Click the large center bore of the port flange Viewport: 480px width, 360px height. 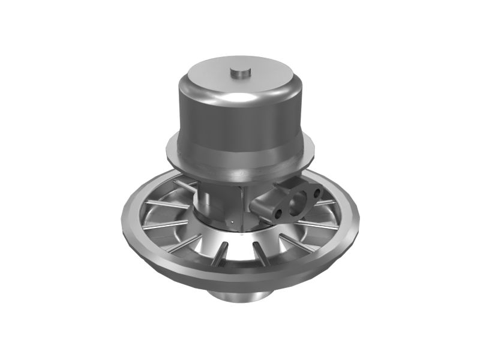[298, 202]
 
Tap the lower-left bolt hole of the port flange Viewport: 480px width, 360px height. [278, 213]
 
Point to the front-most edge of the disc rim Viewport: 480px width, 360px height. [240, 277]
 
